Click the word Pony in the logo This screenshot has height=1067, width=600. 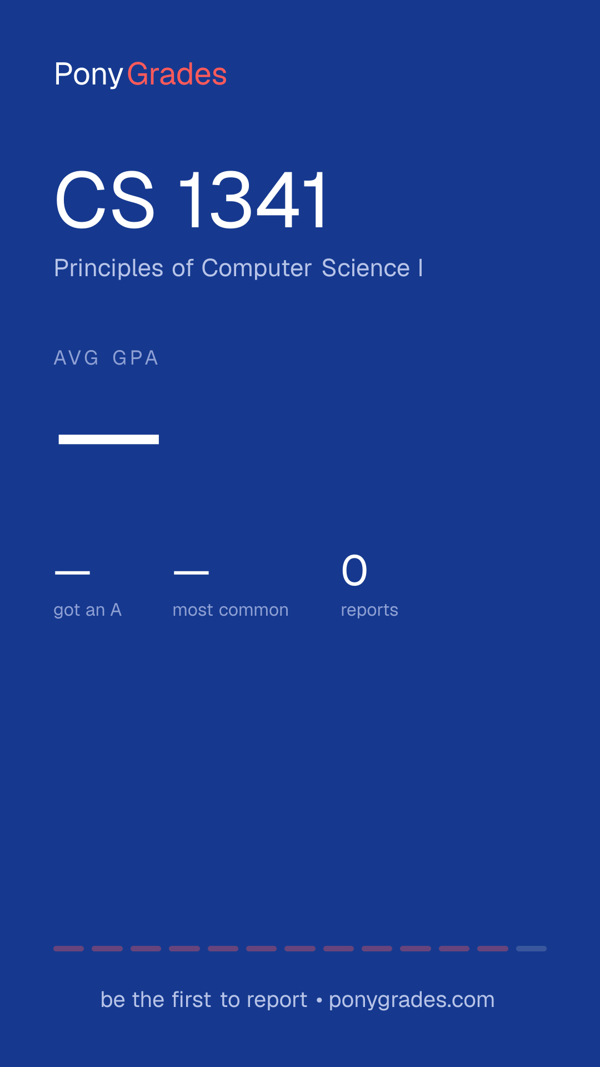[x=89, y=75]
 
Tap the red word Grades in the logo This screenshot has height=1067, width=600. [x=177, y=74]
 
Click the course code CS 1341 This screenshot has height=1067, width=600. [x=192, y=200]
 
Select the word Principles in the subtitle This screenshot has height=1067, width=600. [x=109, y=268]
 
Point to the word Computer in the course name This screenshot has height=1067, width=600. [x=257, y=268]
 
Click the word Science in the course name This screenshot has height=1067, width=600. [x=366, y=268]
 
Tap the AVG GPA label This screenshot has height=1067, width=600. [x=106, y=358]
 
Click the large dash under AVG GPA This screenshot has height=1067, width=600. [x=109, y=440]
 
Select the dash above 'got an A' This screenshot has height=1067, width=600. [x=72, y=572]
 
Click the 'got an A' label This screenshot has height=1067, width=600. [x=87, y=610]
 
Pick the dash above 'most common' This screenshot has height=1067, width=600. [x=191, y=572]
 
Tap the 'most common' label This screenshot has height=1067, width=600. [x=231, y=610]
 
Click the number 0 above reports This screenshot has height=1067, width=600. [x=354, y=571]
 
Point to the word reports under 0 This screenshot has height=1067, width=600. [x=369, y=610]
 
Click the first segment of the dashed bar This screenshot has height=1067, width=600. [x=68, y=949]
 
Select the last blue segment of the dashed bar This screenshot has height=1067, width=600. [x=531, y=949]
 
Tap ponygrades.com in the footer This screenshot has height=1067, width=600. [x=412, y=1000]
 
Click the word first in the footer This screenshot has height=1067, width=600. [x=192, y=1000]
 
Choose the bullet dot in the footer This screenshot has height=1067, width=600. [x=319, y=1000]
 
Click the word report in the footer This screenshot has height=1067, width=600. [x=277, y=1000]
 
